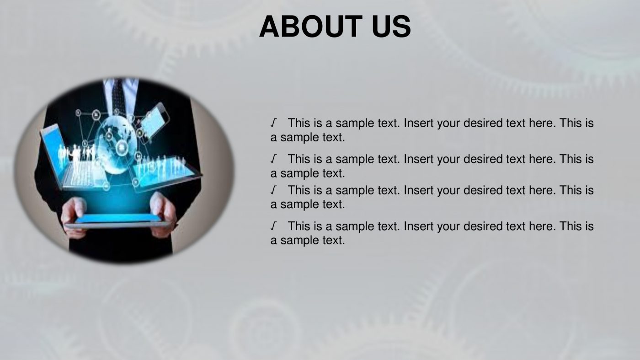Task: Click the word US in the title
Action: pos(391,27)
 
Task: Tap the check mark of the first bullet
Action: pos(273,123)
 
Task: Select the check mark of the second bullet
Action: pos(273,159)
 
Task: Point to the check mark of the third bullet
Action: pos(273,190)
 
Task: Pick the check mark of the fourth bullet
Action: pos(273,226)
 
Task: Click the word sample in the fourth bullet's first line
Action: pos(355,226)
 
